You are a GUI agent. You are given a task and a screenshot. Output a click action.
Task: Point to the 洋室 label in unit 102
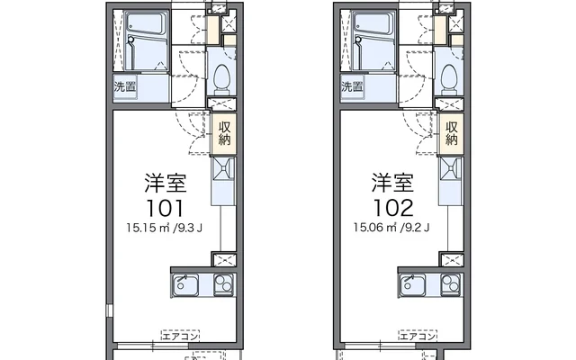point(393,183)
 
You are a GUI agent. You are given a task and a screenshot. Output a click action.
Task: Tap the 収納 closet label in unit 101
point(223,132)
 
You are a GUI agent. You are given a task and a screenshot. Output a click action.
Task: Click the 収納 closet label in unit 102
point(452,132)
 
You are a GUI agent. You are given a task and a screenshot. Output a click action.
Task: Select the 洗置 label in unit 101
point(126,87)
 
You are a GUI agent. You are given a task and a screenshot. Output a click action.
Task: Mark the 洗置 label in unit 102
point(354,87)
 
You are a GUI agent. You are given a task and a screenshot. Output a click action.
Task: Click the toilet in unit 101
point(221,79)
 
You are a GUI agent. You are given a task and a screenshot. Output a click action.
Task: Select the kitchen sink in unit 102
point(414,286)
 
